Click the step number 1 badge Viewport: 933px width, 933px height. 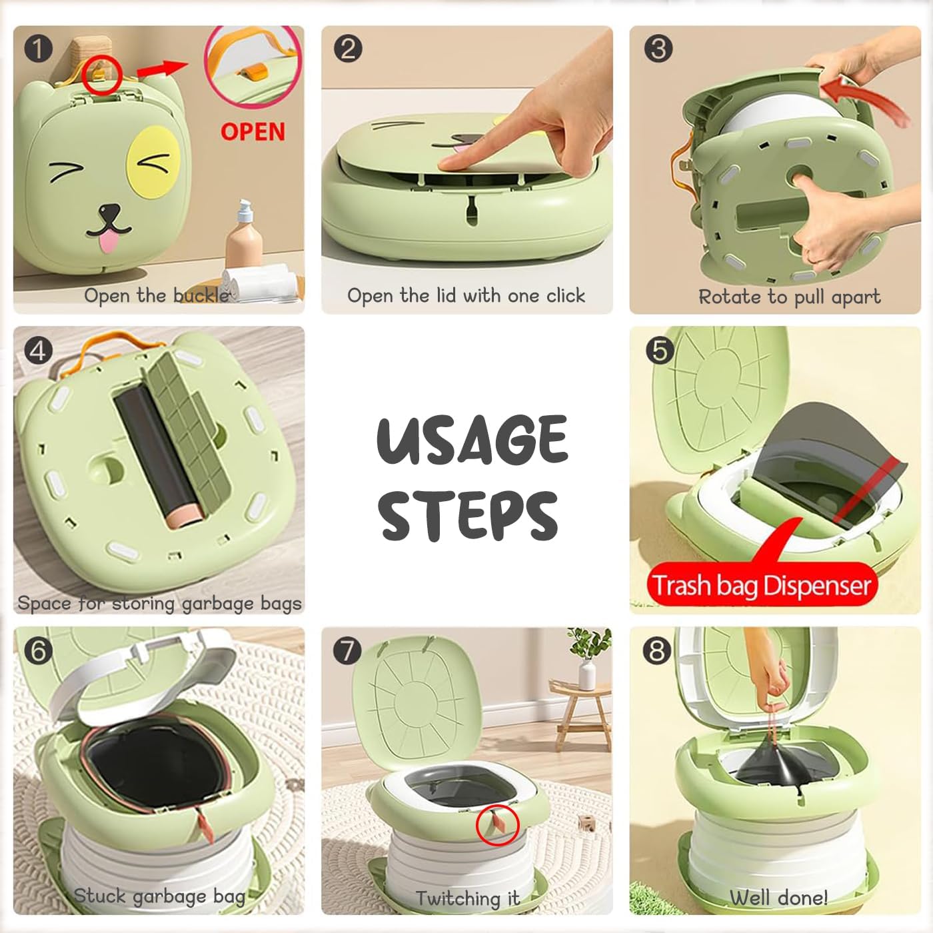[x=38, y=49]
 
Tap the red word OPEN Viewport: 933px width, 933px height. [x=253, y=132]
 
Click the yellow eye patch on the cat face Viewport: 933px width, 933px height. [x=154, y=162]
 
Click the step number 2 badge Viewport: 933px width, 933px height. [x=348, y=49]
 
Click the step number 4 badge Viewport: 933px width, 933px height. [x=38, y=350]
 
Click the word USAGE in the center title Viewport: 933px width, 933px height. [x=472, y=440]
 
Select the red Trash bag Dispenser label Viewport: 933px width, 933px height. [x=762, y=585]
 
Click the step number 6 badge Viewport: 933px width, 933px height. [x=38, y=650]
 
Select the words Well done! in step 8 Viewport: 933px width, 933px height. [x=778, y=898]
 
